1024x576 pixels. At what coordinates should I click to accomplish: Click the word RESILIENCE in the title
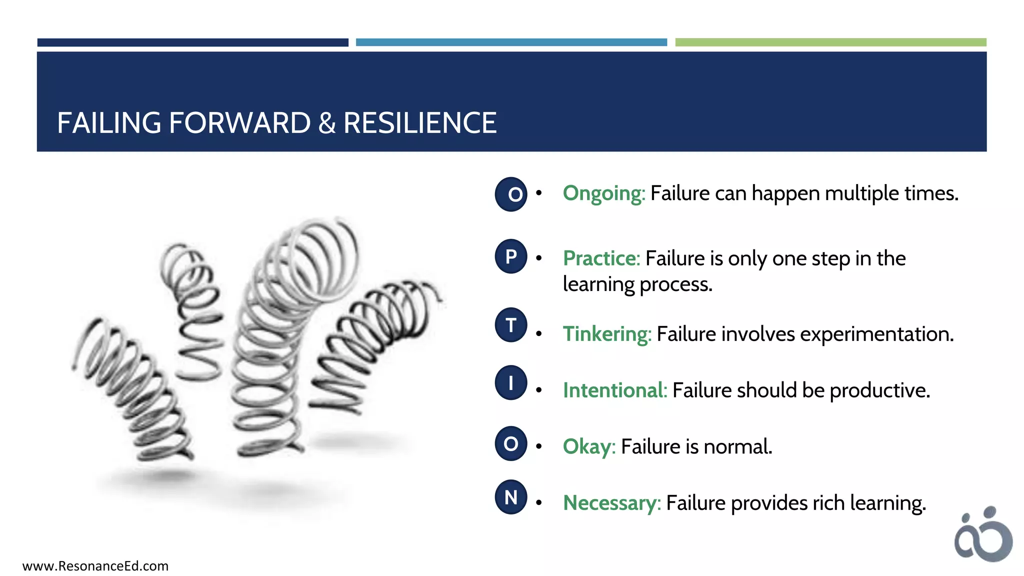coord(420,123)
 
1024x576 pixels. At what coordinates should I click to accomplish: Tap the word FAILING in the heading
coord(109,123)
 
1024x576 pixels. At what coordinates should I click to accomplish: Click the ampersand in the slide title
coord(326,123)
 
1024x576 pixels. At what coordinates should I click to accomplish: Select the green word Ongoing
coord(603,193)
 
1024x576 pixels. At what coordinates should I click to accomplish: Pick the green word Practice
coord(601,258)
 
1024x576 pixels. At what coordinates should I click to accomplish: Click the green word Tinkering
coord(606,334)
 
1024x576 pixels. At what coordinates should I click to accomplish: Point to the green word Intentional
coord(614,390)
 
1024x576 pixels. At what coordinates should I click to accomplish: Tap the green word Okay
coord(588,446)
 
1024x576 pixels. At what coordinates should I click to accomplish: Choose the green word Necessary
coord(611,503)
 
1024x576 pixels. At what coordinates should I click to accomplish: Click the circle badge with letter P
coord(511,256)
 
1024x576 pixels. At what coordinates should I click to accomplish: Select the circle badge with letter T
coord(511,325)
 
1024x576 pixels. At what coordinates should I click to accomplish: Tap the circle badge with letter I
coord(511,383)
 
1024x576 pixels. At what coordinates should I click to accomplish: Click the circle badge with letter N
coord(511,497)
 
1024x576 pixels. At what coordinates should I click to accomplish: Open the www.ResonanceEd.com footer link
coord(95,566)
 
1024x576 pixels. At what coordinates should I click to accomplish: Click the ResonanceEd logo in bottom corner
coord(983,535)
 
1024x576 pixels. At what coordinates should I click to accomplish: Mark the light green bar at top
coord(830,42)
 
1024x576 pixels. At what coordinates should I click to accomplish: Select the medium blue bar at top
coord(511,42)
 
